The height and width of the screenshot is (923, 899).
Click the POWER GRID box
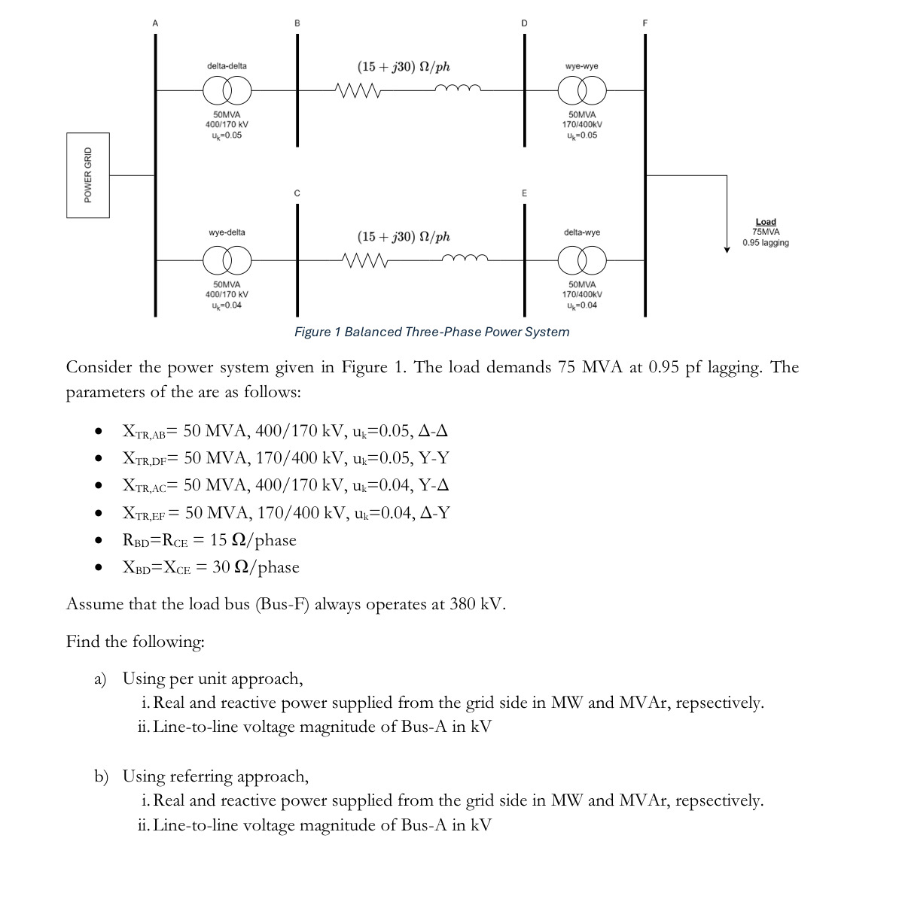pos(87,175)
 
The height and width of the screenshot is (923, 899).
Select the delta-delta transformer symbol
pos(227,92)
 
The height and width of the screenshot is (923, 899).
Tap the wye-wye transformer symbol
pos(581,92)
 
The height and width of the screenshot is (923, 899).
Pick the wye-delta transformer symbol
pos(227,260)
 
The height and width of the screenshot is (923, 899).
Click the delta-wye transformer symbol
pos(581,260)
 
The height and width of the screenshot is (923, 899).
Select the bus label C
pos(297,193)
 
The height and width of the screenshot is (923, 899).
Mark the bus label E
pos(524,193)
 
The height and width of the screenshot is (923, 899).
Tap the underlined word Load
pos(765,222)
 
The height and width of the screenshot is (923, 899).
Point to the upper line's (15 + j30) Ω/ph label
pos(404,66)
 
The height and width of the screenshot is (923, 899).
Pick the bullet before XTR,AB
pos(98,433)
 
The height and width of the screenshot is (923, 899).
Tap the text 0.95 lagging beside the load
pos(765,243)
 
